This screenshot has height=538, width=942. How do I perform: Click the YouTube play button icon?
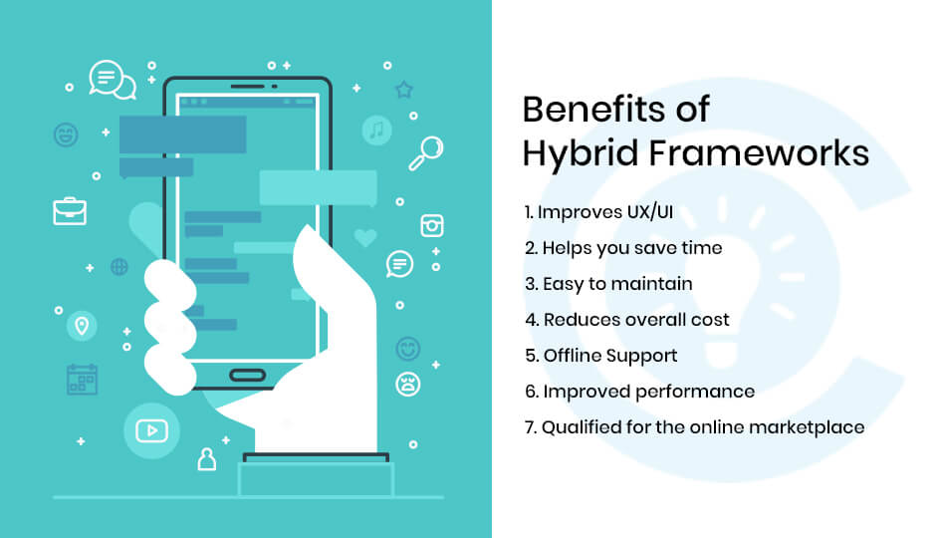click(150, 430)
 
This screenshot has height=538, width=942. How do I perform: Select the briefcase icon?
click(70, 210)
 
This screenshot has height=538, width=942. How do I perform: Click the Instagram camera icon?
click(431, 225)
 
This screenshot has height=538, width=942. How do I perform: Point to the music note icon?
click(376, 130)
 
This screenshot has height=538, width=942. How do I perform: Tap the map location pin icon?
click(81, 326)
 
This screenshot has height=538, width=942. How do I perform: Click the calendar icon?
click(82, 380)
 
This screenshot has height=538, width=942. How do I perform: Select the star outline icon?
click(403, 90)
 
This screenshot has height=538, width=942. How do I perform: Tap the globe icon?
click(119, 266)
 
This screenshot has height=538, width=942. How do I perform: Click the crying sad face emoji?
click(408, 385)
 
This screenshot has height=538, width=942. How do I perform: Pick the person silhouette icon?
click(206, 458)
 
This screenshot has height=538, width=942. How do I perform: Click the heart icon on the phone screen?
click(365, 238)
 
